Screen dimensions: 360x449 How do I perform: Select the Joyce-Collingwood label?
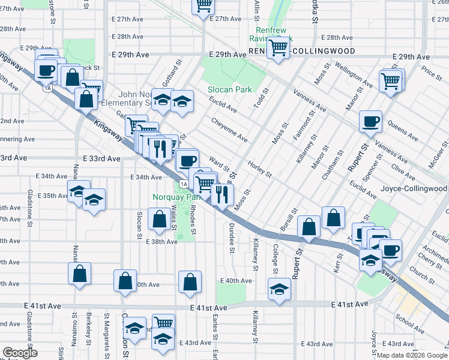414,188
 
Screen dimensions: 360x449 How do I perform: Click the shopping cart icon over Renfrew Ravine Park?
279,47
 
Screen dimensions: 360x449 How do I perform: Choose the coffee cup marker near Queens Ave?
370,121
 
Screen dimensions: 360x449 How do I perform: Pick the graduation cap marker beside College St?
279,290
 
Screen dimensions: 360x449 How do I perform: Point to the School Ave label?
410,323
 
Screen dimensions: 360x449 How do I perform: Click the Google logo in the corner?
20,353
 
